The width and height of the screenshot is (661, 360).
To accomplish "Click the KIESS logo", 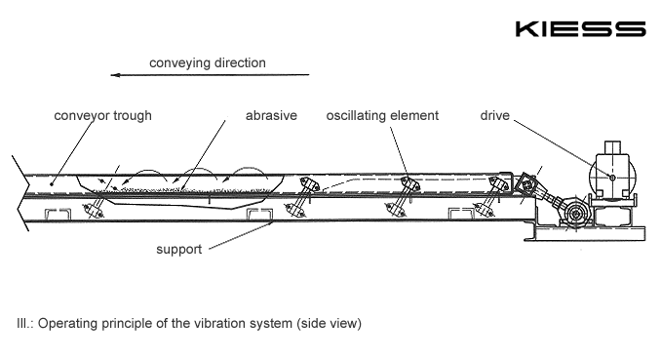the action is (x=580, y=29).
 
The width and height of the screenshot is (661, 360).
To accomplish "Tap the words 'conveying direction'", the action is (x=208, y=62).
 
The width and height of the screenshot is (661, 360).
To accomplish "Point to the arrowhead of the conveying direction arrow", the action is (x=116, y=75).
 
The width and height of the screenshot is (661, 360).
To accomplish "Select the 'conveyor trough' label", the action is (x=103, y=116).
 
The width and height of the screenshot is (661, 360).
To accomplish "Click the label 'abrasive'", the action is (x=271, y=116).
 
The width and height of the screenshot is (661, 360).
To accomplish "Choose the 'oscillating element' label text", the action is (x=382, y=116).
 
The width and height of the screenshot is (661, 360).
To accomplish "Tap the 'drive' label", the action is (x=495, y=116).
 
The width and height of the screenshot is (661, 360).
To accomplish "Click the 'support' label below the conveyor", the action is (x=179, y=250).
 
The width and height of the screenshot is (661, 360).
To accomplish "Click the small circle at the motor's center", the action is (x=612, y=178).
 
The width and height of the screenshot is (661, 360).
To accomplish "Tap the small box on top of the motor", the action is (x=613, y=147).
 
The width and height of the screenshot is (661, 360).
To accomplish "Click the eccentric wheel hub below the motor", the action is (x=575, y=215).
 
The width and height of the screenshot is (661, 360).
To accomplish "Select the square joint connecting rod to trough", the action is (x=526, y=183).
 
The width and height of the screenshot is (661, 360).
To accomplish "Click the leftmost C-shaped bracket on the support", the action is (x=58, y=214).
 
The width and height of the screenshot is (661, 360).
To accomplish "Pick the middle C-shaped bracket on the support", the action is (x=259, y=214).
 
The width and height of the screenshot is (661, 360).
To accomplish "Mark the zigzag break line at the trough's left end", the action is (x=21, y=193).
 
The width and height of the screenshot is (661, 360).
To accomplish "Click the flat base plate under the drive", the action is (x=585, y=233).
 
